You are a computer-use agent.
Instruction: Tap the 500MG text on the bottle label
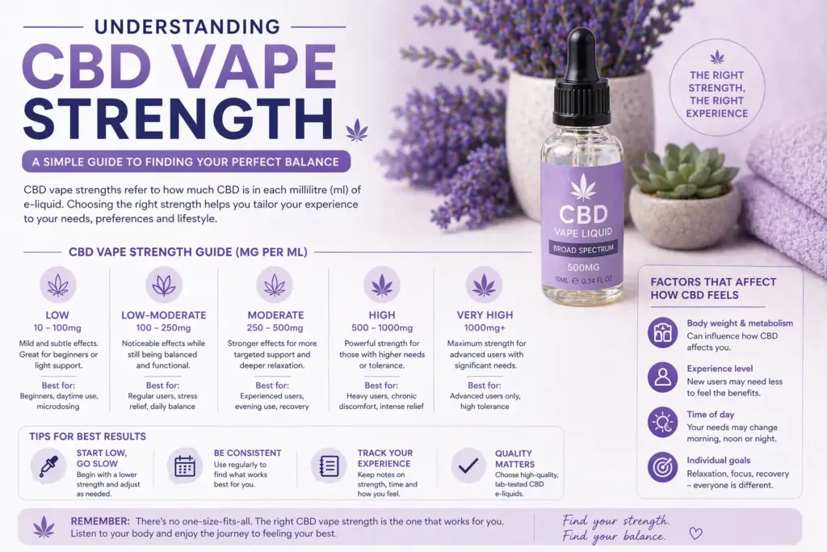(x=583, y=268)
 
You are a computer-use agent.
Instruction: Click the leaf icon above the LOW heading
(x=58, y=285)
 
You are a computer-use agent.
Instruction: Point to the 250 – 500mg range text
(x=275, y=327)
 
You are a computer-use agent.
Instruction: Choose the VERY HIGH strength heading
(x=485, y=315)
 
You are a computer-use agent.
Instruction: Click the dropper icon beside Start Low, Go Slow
(x=48, y=466)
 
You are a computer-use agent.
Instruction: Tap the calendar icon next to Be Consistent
(x=185, y=466)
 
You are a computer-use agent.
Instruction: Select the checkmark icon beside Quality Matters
(x=468, y=466)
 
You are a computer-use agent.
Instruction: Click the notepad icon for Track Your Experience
(x=329, y=466)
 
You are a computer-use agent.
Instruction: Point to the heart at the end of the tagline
(x=695, y=533)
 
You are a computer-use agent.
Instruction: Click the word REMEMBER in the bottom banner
(x=100, y=521)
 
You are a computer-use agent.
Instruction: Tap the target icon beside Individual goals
(x=662, y=467)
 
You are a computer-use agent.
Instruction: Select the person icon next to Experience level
(x=662, y=377)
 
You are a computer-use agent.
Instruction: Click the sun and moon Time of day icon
(x=662, y=422)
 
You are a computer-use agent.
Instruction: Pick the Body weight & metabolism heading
(x=740, y=323)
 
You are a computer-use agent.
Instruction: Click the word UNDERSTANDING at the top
(x=187, y=27)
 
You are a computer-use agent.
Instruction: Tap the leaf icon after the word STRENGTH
(x=357, y=130)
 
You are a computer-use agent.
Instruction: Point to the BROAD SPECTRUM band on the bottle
(x=583, y=249)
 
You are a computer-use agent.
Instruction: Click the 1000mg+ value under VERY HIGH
(x=485, y=327)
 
